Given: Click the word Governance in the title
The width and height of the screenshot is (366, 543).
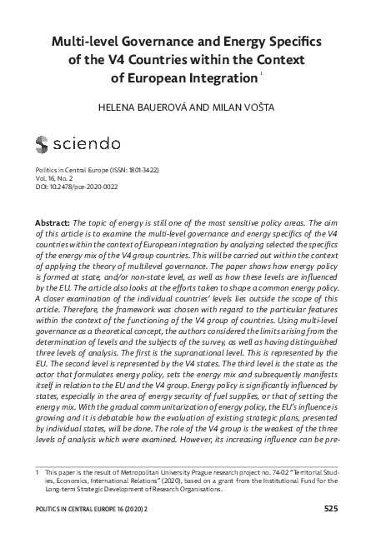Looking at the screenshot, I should [163, 42].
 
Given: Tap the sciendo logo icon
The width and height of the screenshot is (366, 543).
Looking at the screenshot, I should [43, 146].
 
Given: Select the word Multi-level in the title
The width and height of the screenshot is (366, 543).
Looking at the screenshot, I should [83, 42].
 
